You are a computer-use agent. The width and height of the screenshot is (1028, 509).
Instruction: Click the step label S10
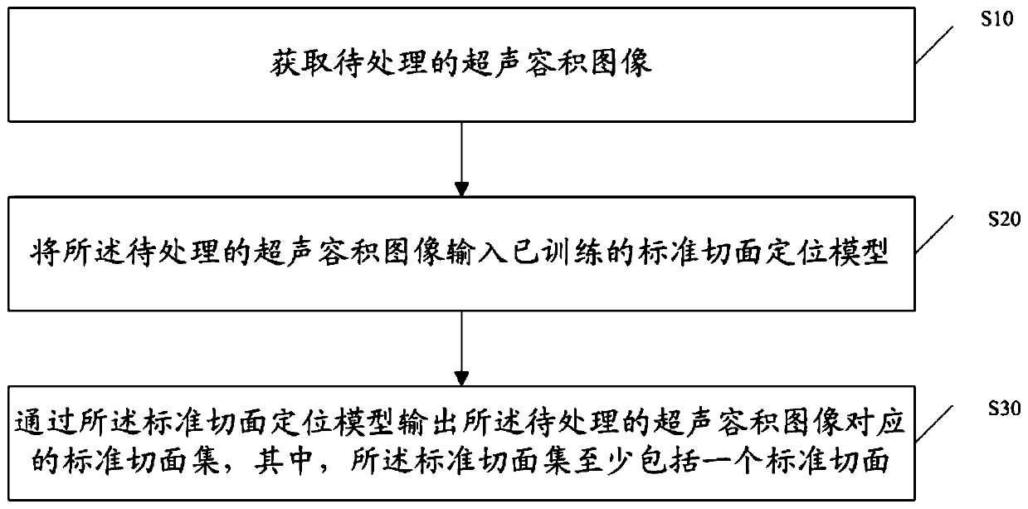995,22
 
